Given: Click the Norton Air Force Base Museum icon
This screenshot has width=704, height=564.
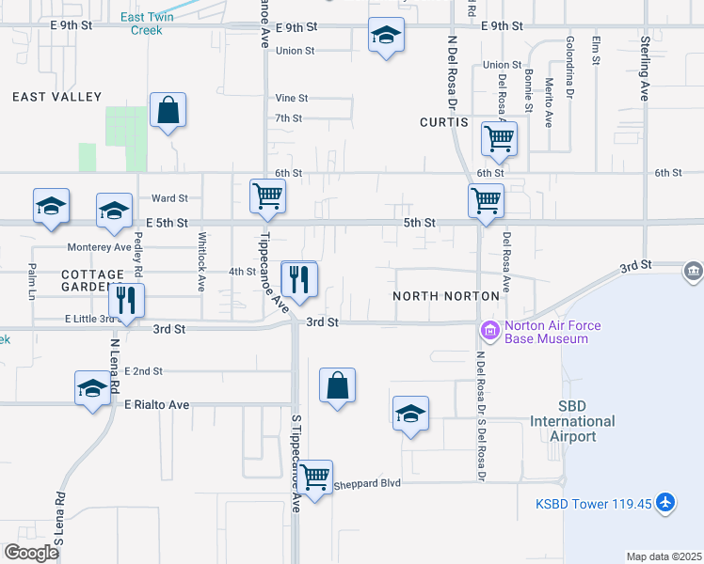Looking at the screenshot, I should click(x=489, y=331).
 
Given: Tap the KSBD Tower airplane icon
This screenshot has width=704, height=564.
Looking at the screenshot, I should click(x=665, y=504).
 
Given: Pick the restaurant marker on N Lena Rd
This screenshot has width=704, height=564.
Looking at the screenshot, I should click(x=123, y=301).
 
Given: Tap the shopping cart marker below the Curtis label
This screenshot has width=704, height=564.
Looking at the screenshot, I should click(x=499, y=139).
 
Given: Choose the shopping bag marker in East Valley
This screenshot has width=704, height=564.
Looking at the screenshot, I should click(x=168, y=110).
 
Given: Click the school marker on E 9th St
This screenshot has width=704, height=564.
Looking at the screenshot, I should click(x=384, y=36).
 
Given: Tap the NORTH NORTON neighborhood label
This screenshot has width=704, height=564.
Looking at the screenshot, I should click(x=446, y=296).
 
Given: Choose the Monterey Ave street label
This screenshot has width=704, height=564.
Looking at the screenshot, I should click(x=99, y=247).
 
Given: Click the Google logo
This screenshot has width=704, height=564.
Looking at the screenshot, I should click(x=31, y=552).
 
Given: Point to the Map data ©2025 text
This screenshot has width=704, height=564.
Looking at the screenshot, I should click(x=663, y=556).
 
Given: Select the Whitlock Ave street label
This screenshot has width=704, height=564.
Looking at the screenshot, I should click(x=201, y=262).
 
